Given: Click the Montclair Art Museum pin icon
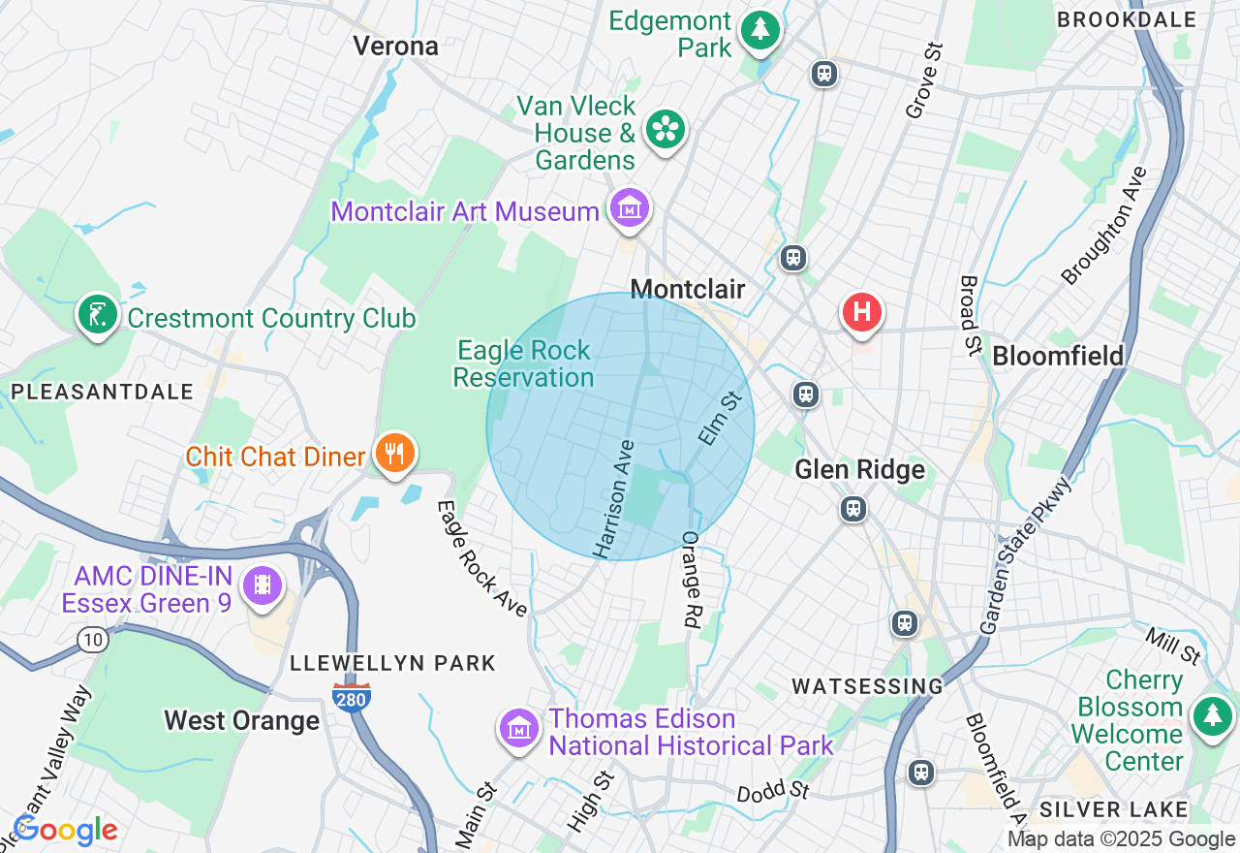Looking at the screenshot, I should (x=630, y=208).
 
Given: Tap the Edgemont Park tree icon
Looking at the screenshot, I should (x=760, y=30).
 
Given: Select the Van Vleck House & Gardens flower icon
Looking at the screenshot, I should (x=666, y=129).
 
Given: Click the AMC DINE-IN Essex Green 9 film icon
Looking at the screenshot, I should (x=263, y=584).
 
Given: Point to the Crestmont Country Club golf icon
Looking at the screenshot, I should (x=97, y=314).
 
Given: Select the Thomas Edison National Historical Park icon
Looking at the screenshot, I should (x=519, y=728).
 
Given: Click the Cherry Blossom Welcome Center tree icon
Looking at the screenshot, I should (x=1211, y=716).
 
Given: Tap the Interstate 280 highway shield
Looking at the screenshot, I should (x=351, y=696).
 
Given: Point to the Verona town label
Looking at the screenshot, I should (x=395, y=46).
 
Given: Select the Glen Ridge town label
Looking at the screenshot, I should (x=859, y=470).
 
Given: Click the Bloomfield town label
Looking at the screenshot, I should (x=1058, y=356).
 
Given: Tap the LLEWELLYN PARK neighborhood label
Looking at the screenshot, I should (x=392, y=663).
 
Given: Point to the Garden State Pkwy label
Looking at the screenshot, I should (x=1025, y=555).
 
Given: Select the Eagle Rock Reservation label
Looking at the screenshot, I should (x=523, y=363).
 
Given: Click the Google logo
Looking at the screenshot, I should (x=66, y=831).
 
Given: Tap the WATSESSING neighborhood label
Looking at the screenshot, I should (x=867, y=686).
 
